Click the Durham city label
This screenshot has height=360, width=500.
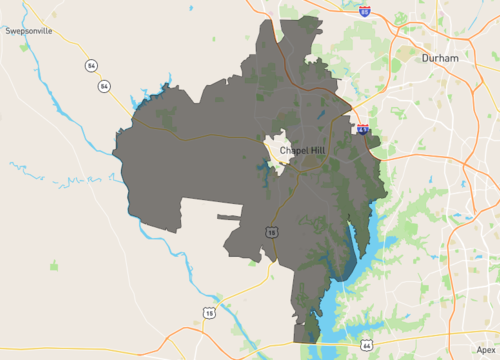[440, 59]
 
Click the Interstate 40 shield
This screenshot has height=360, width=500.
[362, 129]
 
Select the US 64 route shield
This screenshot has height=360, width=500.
[368, 345]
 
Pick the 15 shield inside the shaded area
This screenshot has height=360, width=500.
[272, 232]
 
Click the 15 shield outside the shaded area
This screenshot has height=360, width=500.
[209, 313]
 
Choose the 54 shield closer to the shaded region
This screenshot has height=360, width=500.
[104, 87]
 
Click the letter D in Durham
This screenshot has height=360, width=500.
[426, 59]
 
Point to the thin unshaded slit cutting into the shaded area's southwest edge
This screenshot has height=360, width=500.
[228, 217]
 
